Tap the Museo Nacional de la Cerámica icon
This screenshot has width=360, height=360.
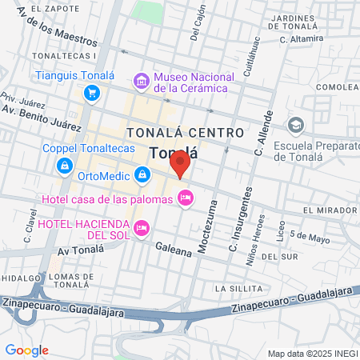[x=142, y=80]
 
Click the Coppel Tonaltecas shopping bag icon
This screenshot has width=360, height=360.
[x=63, y=165]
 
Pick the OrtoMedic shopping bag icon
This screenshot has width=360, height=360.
[x=142, y=173]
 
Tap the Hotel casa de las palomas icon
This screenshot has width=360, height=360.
[x=186, y=197]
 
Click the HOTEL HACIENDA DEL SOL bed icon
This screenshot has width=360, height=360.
[x=142, y=228]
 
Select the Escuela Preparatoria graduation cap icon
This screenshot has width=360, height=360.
[x=296, y=125]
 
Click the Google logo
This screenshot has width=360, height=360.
[x=26, y=350]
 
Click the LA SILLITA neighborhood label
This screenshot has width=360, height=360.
[x=239, y=287]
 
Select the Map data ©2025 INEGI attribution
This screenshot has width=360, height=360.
[x=312, y=353]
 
